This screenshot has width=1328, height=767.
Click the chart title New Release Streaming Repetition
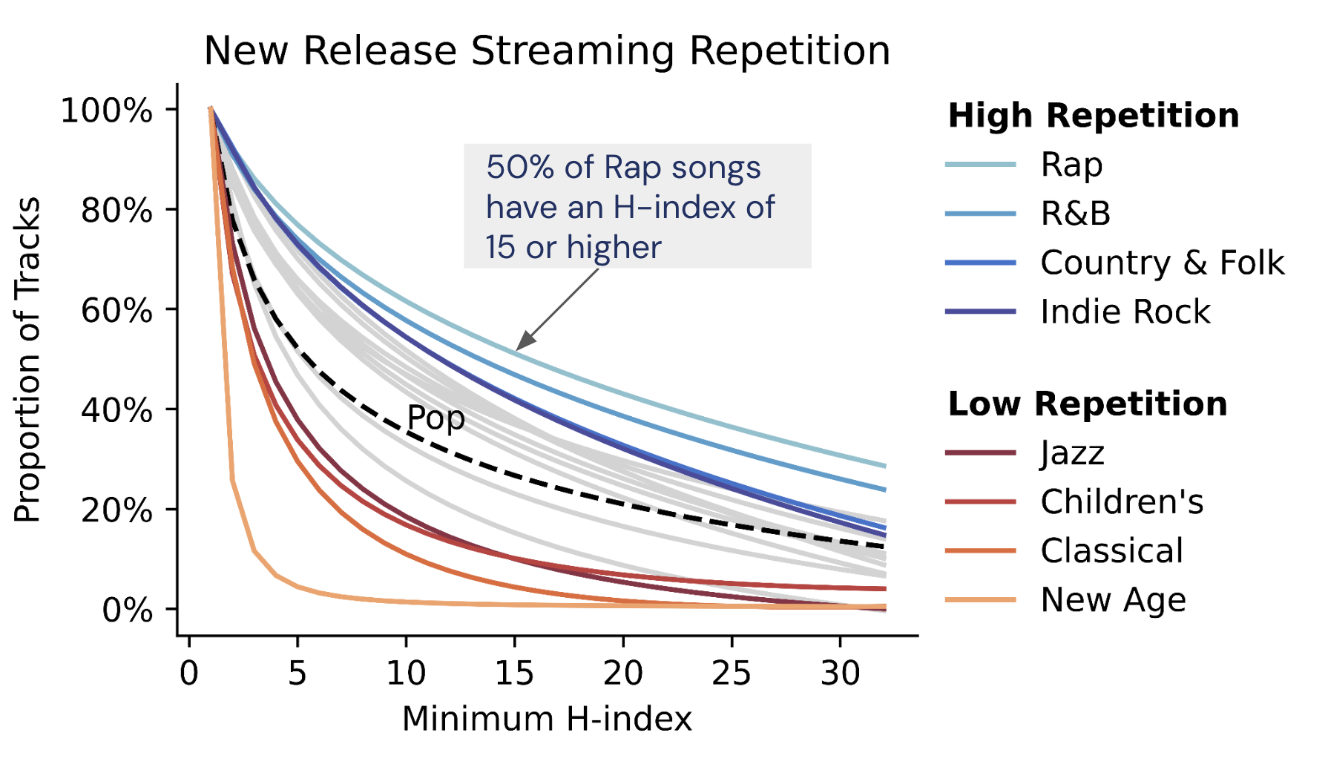547,51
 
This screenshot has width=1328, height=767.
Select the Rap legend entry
1071,165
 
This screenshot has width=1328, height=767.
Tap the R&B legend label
1075,214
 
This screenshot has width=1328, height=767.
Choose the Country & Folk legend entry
1162,263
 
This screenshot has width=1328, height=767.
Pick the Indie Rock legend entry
1125,312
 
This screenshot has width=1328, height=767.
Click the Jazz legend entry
1072,452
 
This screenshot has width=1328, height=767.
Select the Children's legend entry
1121,502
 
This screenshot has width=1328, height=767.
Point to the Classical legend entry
1111,551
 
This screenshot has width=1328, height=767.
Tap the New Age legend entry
1113,599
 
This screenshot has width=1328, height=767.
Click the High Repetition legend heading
1093,116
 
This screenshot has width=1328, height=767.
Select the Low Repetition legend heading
1087,404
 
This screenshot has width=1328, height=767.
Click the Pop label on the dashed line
436,418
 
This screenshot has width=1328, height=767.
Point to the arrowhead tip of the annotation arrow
518,349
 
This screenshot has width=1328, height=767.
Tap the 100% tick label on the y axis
106,111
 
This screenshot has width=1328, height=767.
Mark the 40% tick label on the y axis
116,410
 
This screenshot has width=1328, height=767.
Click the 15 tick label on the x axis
514,674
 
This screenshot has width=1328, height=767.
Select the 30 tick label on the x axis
840,674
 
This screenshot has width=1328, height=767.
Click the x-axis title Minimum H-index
547,719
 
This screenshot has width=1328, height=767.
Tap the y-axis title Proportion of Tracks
27,360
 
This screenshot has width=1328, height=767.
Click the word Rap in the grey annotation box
632,168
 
